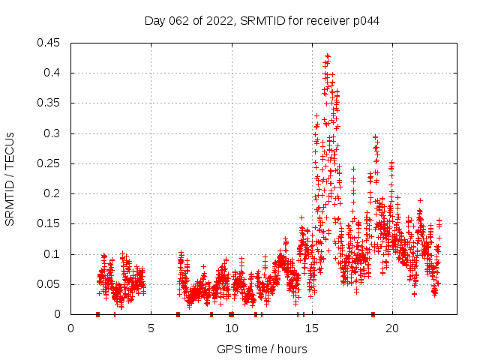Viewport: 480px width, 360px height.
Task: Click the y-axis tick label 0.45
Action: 50,43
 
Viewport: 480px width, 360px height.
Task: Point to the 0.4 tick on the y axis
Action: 53,73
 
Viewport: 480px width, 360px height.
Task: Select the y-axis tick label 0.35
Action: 50,103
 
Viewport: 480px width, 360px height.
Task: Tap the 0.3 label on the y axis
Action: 53,133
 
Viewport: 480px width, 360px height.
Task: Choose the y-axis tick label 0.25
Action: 50,163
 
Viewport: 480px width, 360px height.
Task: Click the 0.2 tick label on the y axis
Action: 53,193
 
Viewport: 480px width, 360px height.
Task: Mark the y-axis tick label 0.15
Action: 50,223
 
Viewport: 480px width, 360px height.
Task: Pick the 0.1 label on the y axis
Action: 53,254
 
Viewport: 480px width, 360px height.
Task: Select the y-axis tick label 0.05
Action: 50,284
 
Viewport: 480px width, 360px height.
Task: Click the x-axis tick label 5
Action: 151,328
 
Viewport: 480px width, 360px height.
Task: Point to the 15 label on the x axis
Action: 311,328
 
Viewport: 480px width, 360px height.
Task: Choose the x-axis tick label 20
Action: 391,328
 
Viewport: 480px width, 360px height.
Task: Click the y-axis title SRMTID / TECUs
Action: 10,178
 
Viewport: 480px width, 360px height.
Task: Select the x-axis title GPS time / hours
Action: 262,349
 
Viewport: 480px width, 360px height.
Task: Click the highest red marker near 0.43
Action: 327,55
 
